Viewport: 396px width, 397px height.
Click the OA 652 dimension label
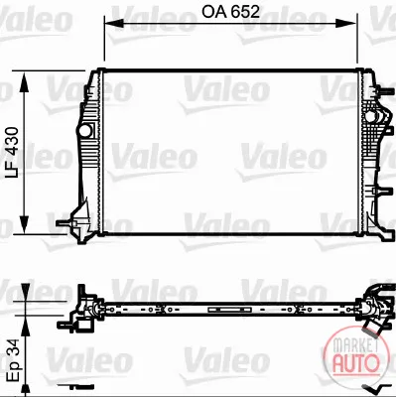pyautogui.click(x=230, y=12)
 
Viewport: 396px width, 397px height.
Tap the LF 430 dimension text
pyautogui.click(x=13, y=153)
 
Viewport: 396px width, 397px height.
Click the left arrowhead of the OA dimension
pyautogui.click(x=113, y=23)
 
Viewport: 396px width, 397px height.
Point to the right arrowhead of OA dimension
pyautogui.click(x=347, y=23)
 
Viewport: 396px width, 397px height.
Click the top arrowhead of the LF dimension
pyautogui.click(x=24, y=81)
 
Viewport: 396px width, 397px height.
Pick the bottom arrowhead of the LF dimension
pyautogui.click(x=24, y=224)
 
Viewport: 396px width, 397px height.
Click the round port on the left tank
pyautogui.click(x=84, y=130)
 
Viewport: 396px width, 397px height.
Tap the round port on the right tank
pyautogui.click(x=370, y=116)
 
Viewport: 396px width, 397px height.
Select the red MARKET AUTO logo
pyautogui.click(x=356, y=355)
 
